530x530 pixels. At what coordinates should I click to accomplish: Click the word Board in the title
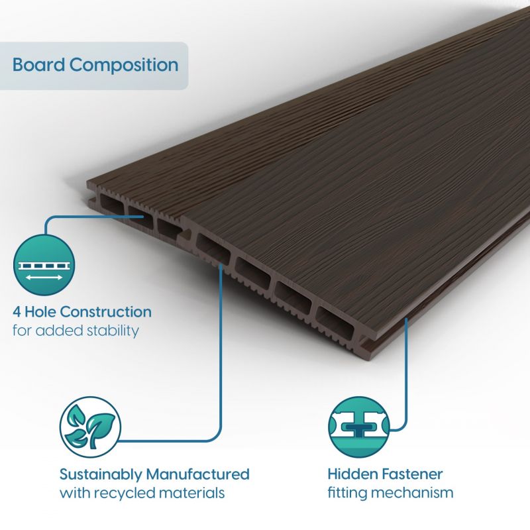coord(38,64)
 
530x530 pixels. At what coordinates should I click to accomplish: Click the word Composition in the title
coord(124,65)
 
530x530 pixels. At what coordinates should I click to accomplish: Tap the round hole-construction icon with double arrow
coord(44,265)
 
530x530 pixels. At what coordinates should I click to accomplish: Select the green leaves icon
coord(90,427)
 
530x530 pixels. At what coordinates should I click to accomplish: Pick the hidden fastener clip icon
coord(358,427)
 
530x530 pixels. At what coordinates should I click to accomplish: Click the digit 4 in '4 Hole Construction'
coord(17,311)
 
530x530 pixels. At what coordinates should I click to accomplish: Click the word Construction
coord(106,311)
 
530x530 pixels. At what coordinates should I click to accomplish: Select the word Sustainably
coord(101,475)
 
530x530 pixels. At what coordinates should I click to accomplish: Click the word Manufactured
coord(197,474)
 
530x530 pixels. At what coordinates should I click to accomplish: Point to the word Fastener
coord(411,474)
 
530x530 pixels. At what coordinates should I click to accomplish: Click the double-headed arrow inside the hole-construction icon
coord(44,278)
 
